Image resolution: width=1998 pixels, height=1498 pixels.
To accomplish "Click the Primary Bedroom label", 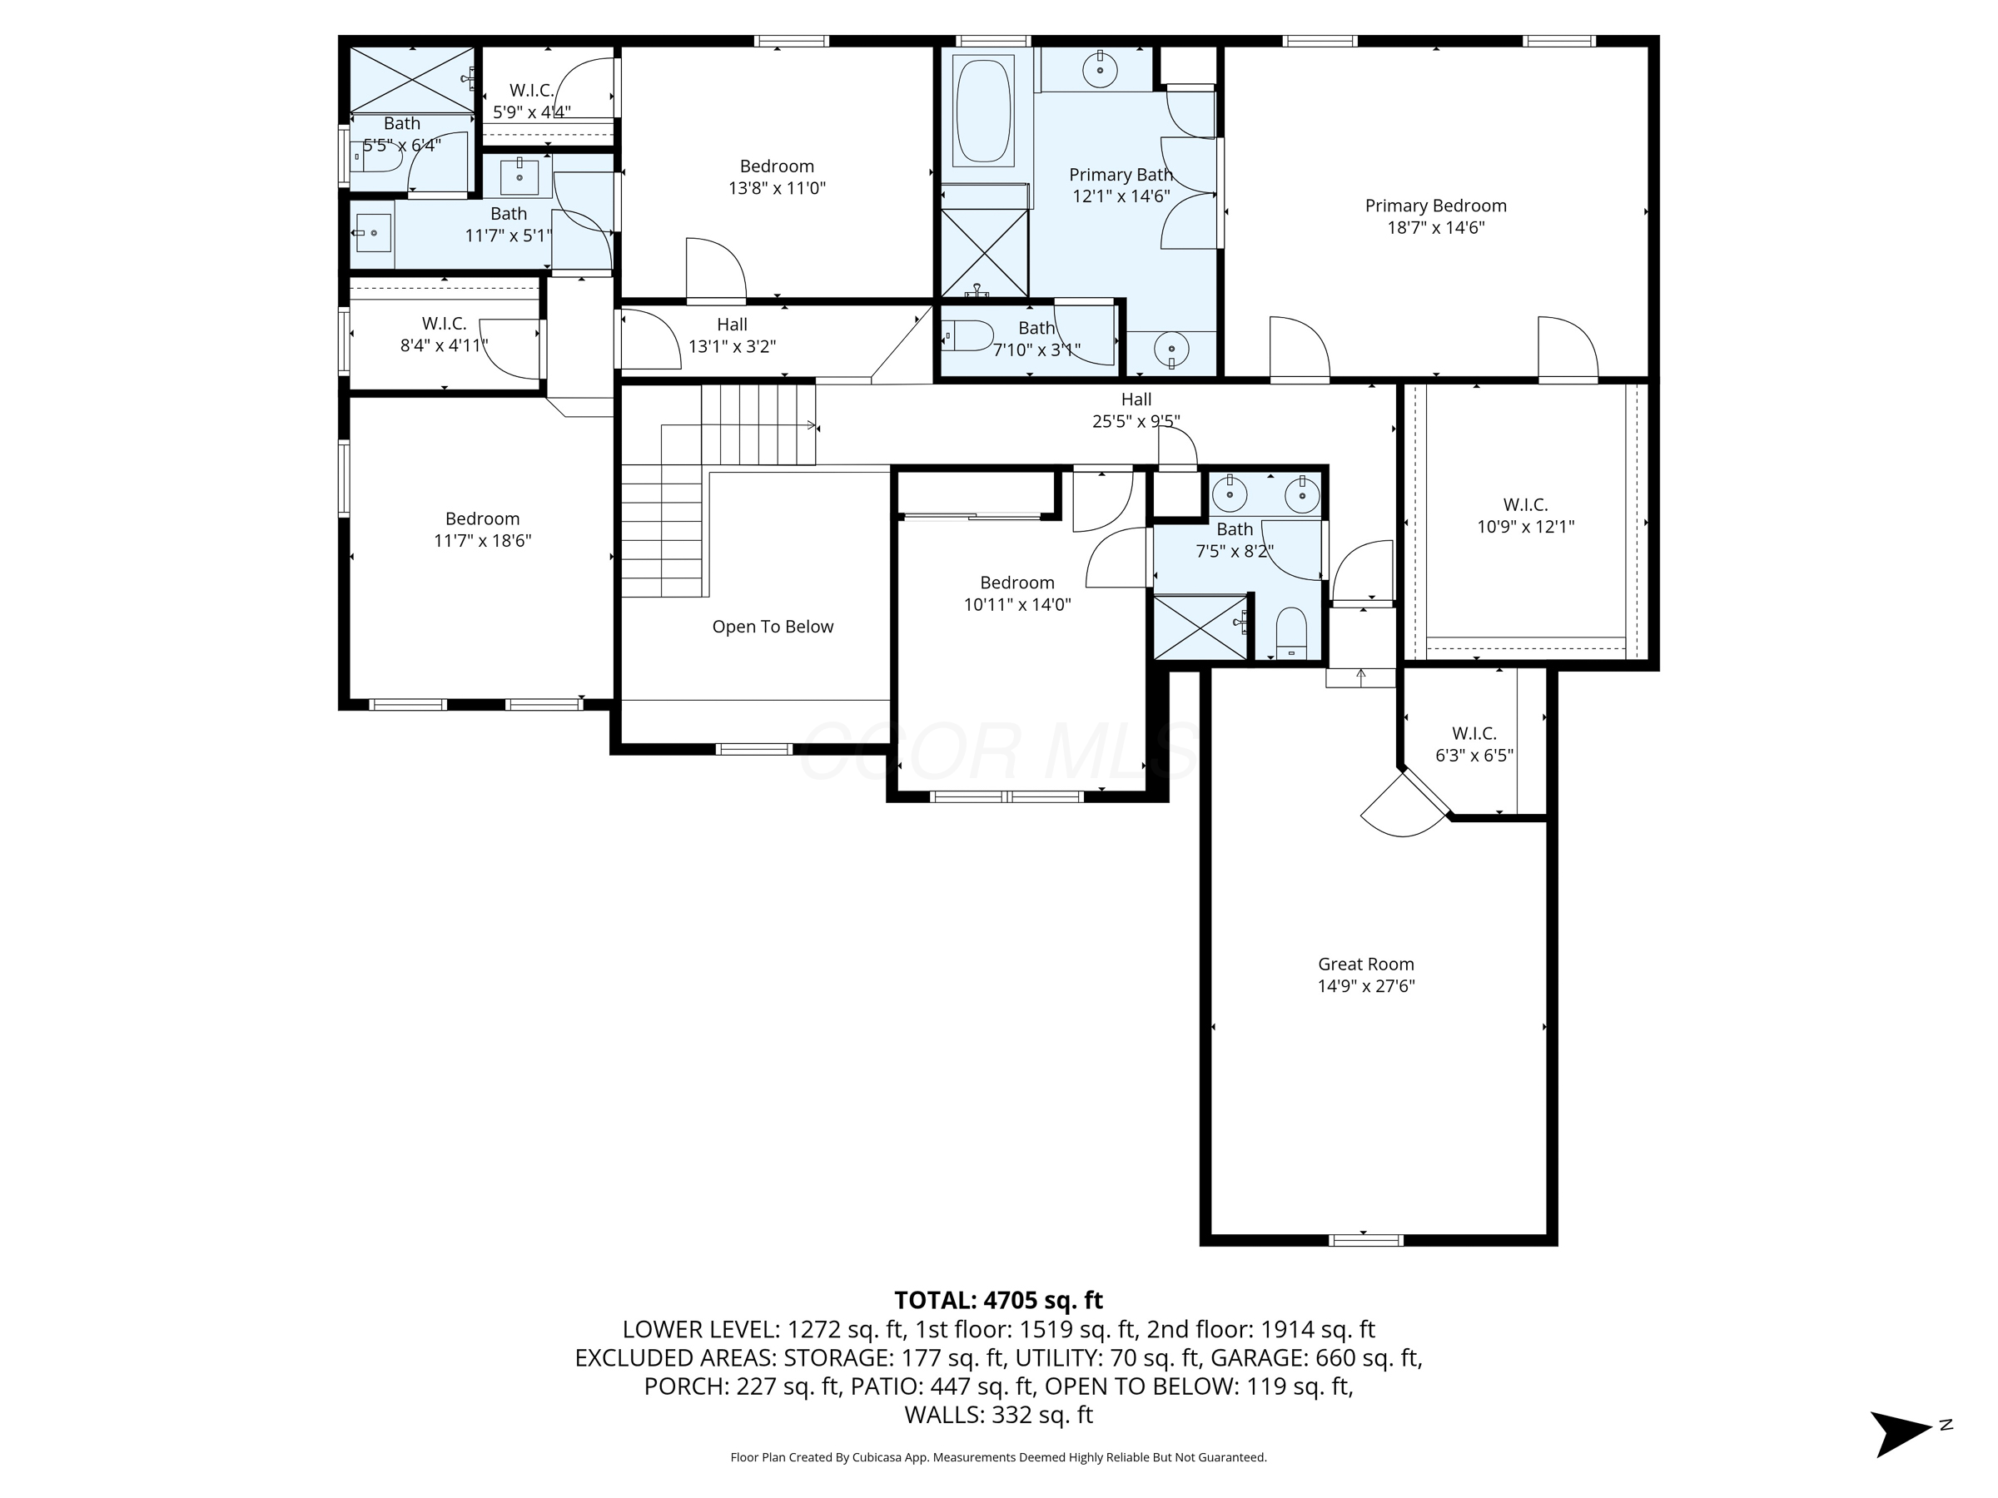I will pyautogui.click(x=1435, y=206).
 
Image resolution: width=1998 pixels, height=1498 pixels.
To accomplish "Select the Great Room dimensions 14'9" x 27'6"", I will pyautogui.click(x=1366, y=986).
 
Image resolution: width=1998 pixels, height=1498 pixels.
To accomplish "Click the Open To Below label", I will pyautogui.click(x=773, y=627).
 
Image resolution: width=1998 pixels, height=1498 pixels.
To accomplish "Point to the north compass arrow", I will pyautogui.click(x=1901, y=1433).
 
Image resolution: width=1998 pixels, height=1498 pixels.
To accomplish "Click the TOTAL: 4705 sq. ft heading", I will pyautogui.click(x=998, y=1300).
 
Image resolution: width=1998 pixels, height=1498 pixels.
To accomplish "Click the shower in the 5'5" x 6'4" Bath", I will pyautogui.click(x=411, y=79).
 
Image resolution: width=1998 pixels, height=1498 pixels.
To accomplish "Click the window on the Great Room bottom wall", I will pyautogui.click(x=1367, y=1240).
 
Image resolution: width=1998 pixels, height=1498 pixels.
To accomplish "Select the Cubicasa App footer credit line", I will pyautogui.click(x=998, y=1457).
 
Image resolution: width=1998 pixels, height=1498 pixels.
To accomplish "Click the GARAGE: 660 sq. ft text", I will pyautogui.click(x=1316, y=1358).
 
